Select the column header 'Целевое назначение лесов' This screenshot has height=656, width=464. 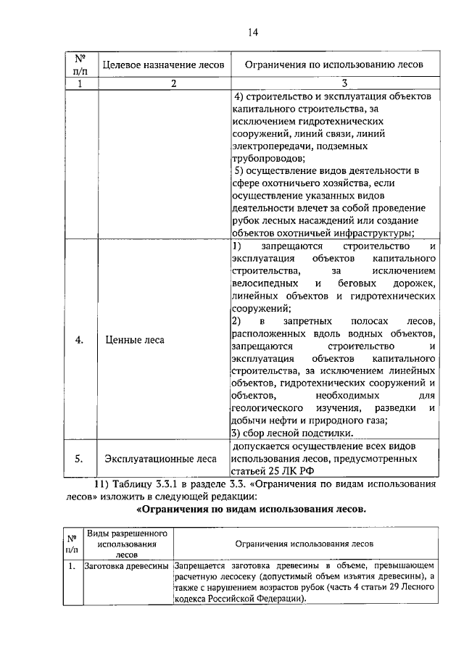pos(163,65)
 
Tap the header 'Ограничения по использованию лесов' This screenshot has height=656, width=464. pos(333,65)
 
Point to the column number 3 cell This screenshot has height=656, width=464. pos(333,83)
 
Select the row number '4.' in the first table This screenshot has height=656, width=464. pos(80,339)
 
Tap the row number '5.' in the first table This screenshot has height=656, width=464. pos(80,458)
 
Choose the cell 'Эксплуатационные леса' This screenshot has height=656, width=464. pos(160,458)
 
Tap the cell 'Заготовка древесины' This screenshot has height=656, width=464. pos(127,564)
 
